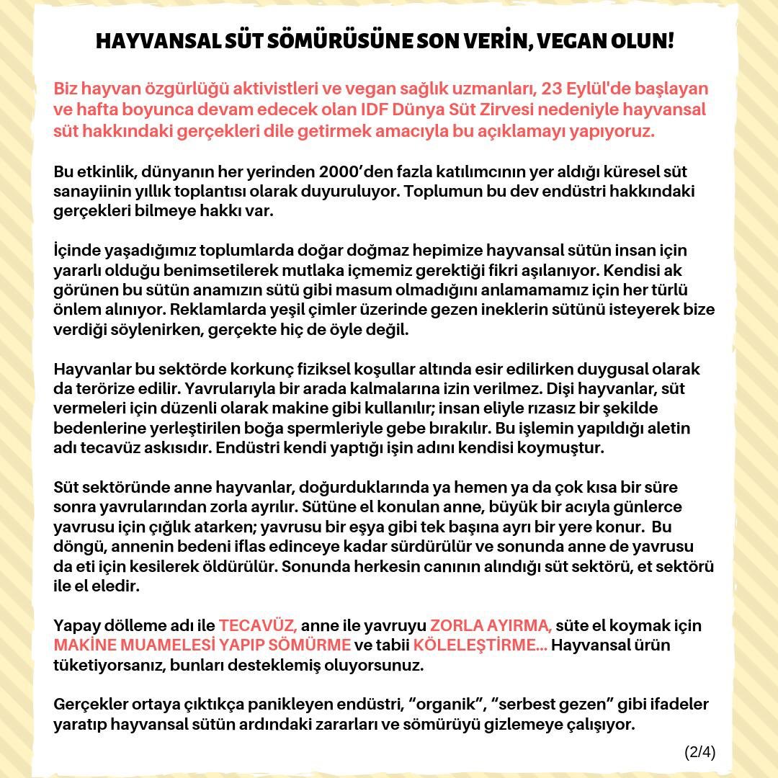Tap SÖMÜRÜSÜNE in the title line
tap(339, 40)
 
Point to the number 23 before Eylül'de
tap(553, 89)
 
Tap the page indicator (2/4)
tap(699, 752)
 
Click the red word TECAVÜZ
tap(258, 625)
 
